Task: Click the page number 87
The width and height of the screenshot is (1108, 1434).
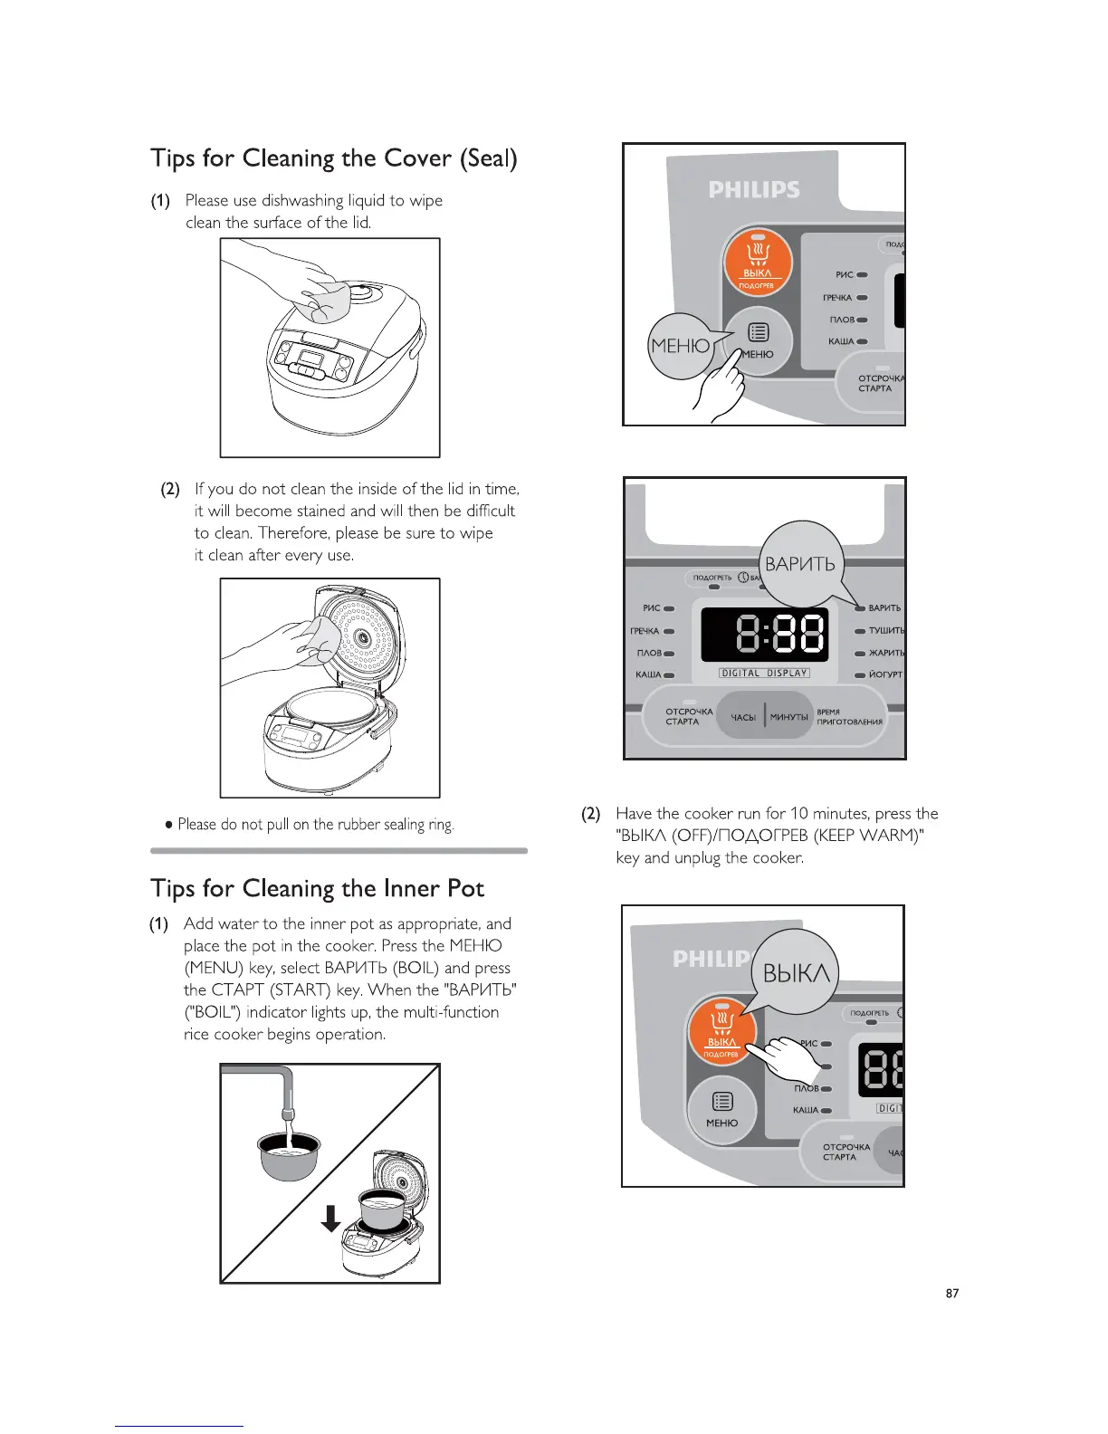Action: (951, 1293)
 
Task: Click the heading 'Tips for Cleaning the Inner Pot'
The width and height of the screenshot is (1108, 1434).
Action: (318, 888)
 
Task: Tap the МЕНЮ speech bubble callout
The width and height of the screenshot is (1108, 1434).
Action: (681, 345)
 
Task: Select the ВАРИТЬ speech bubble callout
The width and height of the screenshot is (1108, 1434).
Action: (799, 563)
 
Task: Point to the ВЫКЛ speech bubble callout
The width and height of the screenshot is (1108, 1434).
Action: (796, 972)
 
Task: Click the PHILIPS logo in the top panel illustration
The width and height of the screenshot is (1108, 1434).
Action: (754, 189)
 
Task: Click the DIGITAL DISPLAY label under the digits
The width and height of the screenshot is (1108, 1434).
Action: (764, 673)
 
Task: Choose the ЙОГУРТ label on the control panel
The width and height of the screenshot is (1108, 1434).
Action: (885, 674)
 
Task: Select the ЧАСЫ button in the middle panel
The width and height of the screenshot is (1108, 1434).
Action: (743, 717)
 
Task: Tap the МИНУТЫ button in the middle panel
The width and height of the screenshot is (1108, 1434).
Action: (788, 717)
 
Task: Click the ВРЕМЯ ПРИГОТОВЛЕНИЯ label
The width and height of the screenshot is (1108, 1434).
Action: (848, 717)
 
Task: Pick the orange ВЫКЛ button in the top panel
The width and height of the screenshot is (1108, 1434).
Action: (758, 263)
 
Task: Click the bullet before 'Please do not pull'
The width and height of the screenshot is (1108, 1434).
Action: (169, 825)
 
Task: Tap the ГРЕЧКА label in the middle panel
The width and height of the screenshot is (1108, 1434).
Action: (645, 631)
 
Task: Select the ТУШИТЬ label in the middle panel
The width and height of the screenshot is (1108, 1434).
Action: (885, 630)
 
